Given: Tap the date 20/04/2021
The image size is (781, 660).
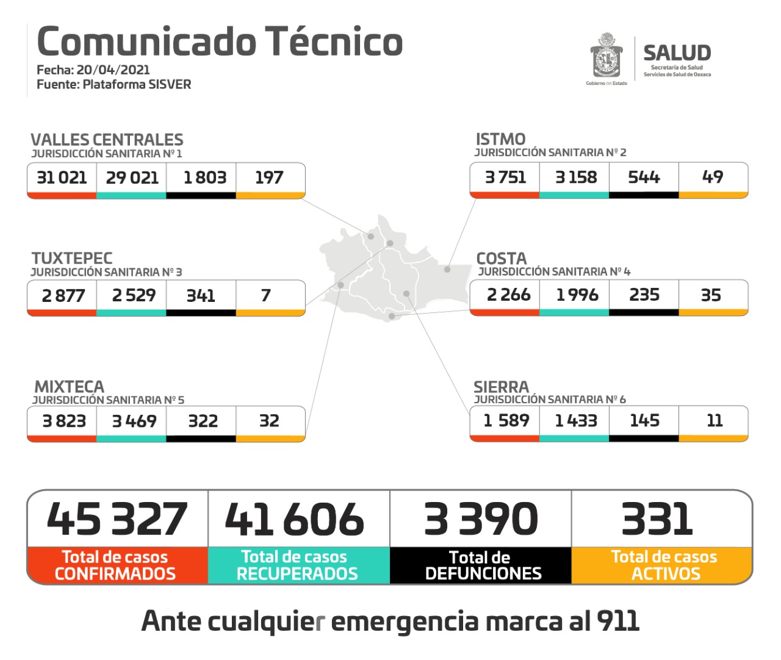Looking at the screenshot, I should coord(113,70).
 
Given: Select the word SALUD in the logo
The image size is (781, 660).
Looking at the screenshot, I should coord(677,53).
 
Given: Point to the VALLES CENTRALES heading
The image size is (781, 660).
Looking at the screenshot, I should coord(107,140).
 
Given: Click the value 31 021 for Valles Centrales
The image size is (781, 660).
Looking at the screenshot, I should coord(62,178).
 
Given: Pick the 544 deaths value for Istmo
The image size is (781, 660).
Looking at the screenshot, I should coord(644,177).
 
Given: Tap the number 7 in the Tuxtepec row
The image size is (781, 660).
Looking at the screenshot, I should coord(266,295).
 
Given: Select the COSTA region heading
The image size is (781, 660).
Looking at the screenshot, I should coord(501,258).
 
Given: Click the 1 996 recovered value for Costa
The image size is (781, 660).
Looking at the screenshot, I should coord(577,295).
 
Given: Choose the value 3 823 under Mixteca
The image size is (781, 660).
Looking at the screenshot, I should coord(64,421).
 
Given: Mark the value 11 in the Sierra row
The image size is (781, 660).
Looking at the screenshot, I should coord(714,420).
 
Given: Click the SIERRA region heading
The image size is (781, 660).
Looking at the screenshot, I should coord(501,387).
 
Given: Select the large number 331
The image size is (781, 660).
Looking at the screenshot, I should coord(657,519).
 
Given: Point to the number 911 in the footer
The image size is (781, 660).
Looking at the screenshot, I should coord(617,621).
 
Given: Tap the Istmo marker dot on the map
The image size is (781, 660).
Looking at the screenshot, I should coord(447,269).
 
